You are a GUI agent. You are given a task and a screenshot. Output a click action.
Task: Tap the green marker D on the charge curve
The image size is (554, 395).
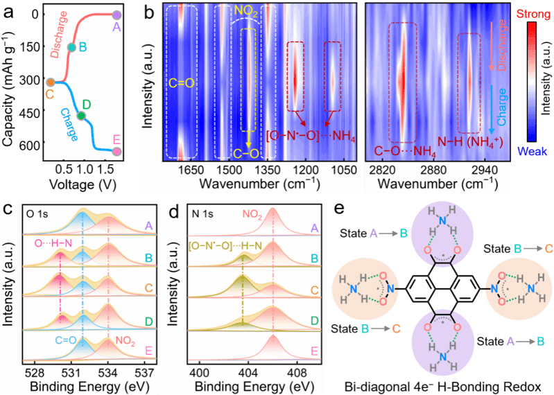coord(82,116)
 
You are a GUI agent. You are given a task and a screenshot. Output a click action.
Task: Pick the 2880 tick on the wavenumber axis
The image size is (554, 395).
coord(433,169)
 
